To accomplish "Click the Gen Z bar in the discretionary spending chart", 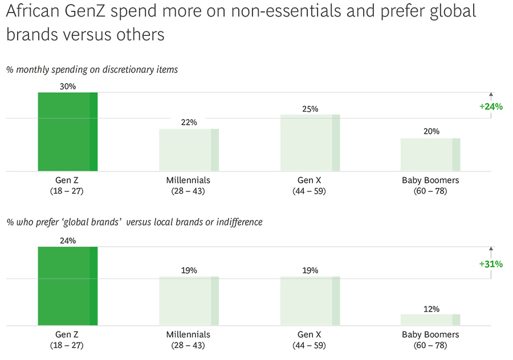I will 67,132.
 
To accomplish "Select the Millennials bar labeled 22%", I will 189,150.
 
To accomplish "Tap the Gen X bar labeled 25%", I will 310,142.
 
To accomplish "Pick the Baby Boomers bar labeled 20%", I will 430,154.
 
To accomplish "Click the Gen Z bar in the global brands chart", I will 67,286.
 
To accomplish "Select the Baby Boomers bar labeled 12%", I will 430,320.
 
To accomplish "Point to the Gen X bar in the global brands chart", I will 310,301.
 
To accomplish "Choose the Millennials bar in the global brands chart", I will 189,301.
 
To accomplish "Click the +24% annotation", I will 491,106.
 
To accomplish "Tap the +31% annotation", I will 491,264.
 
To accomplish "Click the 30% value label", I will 67,87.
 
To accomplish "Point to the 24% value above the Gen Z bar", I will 67,241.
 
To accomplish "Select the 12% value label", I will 431,309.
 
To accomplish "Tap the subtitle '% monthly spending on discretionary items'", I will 92,70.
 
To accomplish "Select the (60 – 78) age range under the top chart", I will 430,191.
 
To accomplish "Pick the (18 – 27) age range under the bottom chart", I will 67,345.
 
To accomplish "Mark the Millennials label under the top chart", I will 188,180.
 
